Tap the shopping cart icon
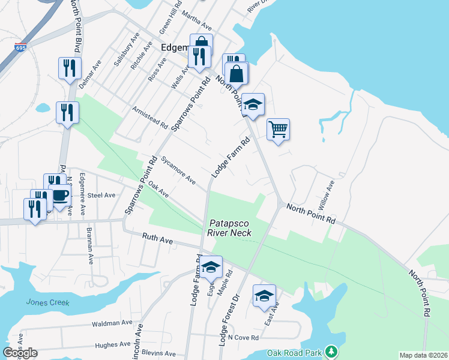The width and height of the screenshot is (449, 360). pos(278,128)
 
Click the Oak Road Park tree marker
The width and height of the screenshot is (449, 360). pos(330,351)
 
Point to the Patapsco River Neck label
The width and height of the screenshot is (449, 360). pos(230,227)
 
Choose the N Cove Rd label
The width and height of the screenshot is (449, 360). pos(243,338)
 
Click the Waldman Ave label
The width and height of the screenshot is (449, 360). pos(112,323)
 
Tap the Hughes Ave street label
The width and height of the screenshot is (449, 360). pos(113,344)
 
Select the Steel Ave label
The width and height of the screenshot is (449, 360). pos(101,195)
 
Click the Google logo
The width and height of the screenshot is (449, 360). pos(20,353)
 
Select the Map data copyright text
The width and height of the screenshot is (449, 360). pos(423,355)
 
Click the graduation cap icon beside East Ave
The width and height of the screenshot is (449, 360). pos(264,296)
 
